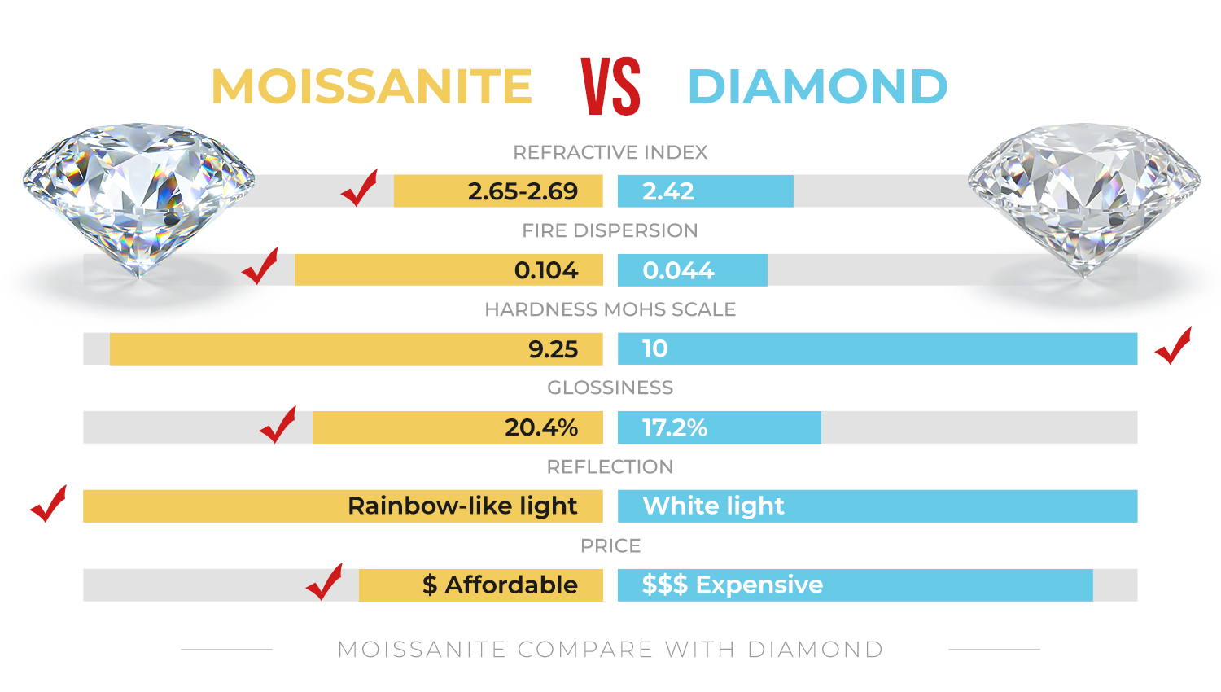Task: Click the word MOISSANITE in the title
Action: [x=371, y=86]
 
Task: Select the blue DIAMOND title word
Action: [x=817, y=86]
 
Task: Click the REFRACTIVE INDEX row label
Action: [x=610, y=152]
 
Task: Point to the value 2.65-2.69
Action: [x=523, y=191]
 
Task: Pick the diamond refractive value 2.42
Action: [x=667, y=191]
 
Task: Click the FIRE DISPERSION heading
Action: [x=610, y=230]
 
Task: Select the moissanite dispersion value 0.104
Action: [x=546, y=270]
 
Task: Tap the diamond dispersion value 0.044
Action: [x=678, y=270]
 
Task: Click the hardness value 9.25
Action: [x=553, y=349]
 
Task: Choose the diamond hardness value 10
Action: [x=655, y=348]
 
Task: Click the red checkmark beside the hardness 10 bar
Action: [x=1173, y=346]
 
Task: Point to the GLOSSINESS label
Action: [x=610, y=388]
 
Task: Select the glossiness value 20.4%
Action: [x=541, y=427]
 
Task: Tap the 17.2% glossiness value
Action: [x=675, y=427]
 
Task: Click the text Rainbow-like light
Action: [x=462, y=506]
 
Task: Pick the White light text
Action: [x=713, y=506]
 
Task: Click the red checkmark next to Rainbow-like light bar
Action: [x=48, y=504]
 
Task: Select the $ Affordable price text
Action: [x=500, y=585]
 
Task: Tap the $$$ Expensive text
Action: [x=732, y=585]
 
